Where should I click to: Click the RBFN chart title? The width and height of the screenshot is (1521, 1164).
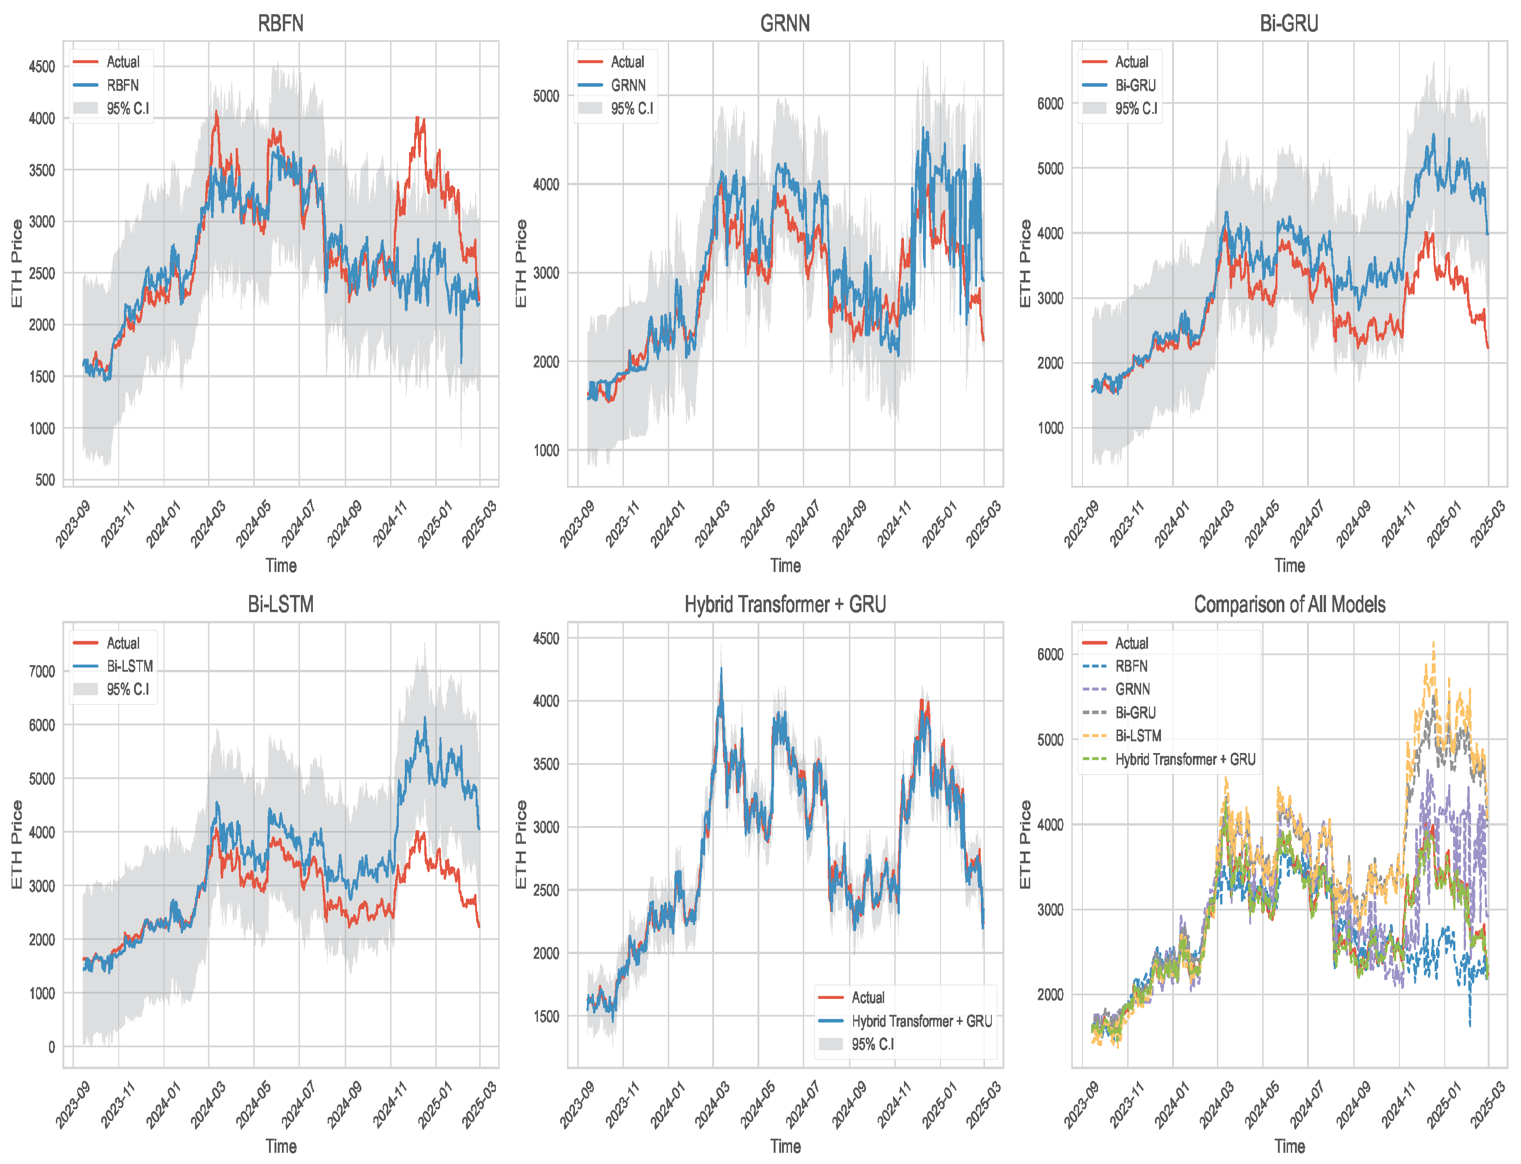[x=281, y=24]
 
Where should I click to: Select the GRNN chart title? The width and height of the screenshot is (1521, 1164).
[x=785, y=24]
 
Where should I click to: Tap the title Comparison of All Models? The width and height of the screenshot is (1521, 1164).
[x=1289, y=605]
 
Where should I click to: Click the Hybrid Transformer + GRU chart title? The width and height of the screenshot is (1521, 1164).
[x=785, y=605]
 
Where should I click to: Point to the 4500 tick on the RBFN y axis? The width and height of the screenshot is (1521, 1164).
[x=42, y=67]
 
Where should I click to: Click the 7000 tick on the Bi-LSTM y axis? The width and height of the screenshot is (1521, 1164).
[x=42, y=671]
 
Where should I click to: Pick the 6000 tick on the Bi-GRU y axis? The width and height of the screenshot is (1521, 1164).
[x=1050, y=103]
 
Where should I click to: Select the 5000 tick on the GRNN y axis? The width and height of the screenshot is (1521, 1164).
[x=546, y=96]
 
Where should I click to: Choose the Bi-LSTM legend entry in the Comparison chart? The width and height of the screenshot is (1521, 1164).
[x=1137, y=736]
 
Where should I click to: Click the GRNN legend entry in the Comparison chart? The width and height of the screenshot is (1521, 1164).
[x=1132, y=689]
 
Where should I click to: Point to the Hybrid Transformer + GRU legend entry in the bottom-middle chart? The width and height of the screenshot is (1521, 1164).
[x=921, y=1021]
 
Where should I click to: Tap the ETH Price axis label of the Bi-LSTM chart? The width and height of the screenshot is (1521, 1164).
[x=17, y=845]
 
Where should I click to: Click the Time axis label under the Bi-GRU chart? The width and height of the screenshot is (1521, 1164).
[x=1289, y=566]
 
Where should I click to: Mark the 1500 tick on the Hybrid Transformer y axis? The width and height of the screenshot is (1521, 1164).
[x=546, y=1017]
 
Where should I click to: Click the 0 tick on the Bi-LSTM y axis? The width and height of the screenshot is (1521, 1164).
[x=51, y=1047]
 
